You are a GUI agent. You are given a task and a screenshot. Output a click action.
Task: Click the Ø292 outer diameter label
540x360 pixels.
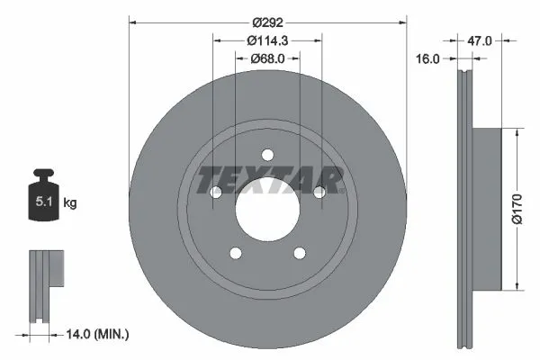coord(267,21)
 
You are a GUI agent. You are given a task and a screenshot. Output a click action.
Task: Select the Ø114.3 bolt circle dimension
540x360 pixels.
coord(267,40)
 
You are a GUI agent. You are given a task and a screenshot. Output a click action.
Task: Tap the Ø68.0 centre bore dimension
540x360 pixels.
coord(267,59)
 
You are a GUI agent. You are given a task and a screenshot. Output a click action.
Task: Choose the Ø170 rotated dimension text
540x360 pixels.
coord(517,209)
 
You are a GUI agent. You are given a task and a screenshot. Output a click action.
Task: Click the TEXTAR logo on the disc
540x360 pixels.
coord(267,179)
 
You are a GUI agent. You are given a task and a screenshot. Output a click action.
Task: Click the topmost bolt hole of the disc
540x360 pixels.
coord(267,153)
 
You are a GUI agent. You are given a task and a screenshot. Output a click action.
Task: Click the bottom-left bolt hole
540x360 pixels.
coord(236,254)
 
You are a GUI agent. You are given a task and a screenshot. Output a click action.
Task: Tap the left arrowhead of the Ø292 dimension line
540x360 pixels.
coord(133,21)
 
